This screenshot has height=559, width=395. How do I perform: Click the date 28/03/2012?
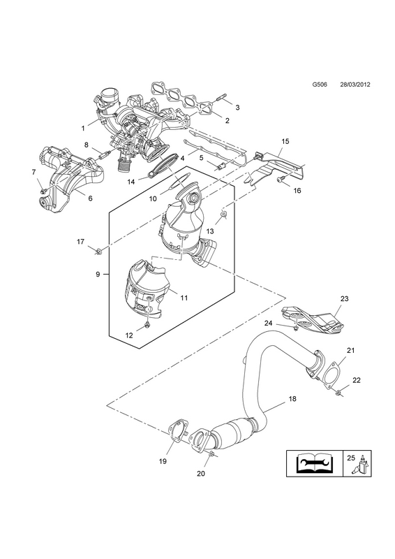coord(355,95)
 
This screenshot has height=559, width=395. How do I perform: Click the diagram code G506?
coord(320,95)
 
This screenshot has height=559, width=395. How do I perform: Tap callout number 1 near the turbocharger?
coord(83,128)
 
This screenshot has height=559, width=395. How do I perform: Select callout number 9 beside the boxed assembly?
coord(98,274)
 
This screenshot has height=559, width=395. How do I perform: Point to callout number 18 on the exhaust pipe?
coord(292,399)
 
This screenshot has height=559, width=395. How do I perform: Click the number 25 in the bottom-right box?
coord(351,458)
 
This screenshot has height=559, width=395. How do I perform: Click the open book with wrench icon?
coord(315,463)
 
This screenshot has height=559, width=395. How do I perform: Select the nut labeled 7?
coord(43,191)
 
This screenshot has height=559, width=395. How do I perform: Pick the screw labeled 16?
coord(281,180)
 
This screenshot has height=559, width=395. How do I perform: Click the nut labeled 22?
coord(338,392)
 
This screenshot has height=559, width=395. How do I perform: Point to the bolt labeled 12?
coord(147,325)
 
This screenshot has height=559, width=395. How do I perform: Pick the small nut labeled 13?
coord(224,215)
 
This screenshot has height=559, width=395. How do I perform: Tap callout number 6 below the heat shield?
coord(90,198)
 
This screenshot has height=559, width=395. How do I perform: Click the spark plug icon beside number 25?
coord(363,465)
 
